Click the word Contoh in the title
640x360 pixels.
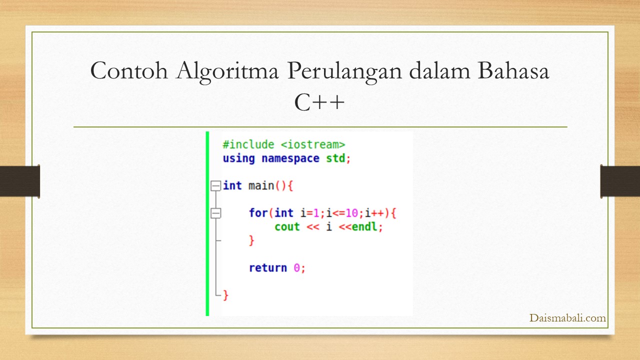pyautogui.click(x=129, y=70)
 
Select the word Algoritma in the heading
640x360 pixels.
pyautogui.click(x=227, y=72)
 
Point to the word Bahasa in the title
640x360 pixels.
pyautogui.click(x=513, y=70)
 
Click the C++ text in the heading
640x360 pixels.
pyautogui.click(x=319, y=102)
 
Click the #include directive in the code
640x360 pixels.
pyautogui.click(x=248, y=144)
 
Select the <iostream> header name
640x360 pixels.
pyautogui.click(x=313, y=144)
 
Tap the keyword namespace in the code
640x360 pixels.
pyautogui.click(x=290, y=158)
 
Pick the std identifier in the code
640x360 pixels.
pyautogui.click(x=335, y=158)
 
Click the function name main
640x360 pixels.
pyautogui.click(x=261, y=185)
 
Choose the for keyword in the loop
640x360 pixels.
pyautogui.click(x=258, y=213)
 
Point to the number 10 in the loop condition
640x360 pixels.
pyautogui.click(x=351, y=213)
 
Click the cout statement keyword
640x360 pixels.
pyautogui.click(x=287, y=227)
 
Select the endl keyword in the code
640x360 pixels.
pyautogui.click(x=364, y=226)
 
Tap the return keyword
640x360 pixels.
pyautogui.click(x=267, y=268)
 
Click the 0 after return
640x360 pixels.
pyautogui.click(x=297, y=268)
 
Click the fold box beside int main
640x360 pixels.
pyautogui.click(x=215, y=185)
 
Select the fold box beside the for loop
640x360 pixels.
pyautogui.click(x=215, y=213)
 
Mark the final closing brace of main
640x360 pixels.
pyautogui.click(x=225, y=295)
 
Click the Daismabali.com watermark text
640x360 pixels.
pyautogui.click(x=567, y=317)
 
